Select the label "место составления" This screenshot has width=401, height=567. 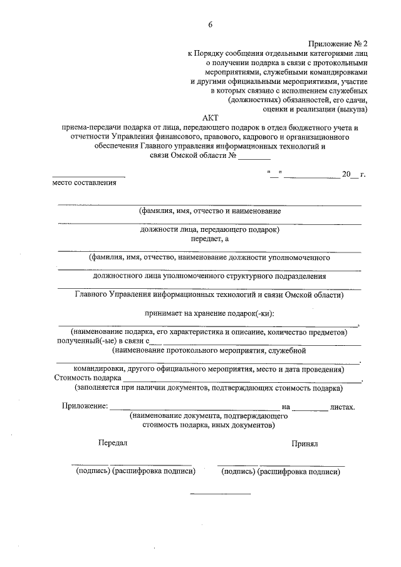click(84, 182)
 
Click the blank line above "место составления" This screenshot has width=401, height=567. click(88, 175)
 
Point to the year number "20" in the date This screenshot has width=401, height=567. click(346, 174)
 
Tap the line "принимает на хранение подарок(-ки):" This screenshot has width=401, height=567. click(209, 313)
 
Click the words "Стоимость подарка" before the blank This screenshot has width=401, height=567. click(88, 378)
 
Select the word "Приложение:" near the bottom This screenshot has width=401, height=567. click(85, 406)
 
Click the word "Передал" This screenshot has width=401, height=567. click(113, 442)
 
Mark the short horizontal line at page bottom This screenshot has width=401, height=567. click(219, 494)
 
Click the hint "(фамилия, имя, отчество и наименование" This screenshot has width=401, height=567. click(209, 211)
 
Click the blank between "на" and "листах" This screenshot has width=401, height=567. click(310, 408)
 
